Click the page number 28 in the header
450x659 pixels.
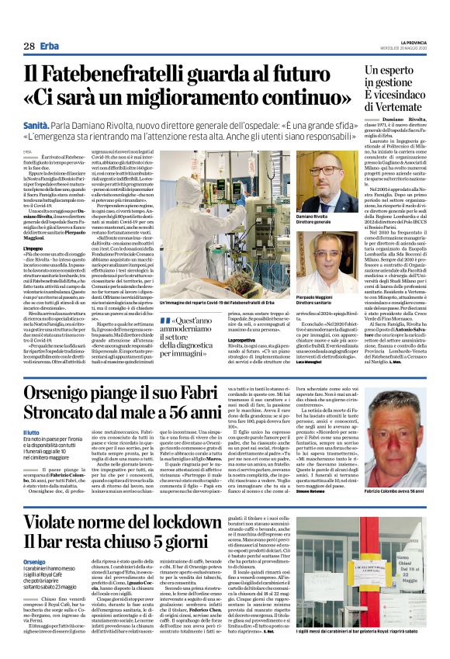29,46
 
